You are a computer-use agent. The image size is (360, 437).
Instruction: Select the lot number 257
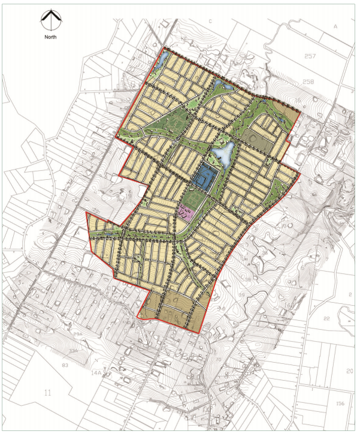click(309, 56)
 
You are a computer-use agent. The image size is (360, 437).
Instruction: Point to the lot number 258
click(309, 81)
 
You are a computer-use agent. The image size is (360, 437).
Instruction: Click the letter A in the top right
click(336, 27)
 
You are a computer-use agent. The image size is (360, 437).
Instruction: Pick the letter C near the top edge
click(211, 21)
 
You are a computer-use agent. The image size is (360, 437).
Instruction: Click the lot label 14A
click(96, 373)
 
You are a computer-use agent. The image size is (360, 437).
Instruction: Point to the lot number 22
click(326, 318)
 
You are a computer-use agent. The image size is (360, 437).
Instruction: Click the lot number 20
click(350, 371)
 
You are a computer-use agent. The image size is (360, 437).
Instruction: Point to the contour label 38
click(247, 279)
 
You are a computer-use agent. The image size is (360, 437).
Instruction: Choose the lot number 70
click(218, 360)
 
